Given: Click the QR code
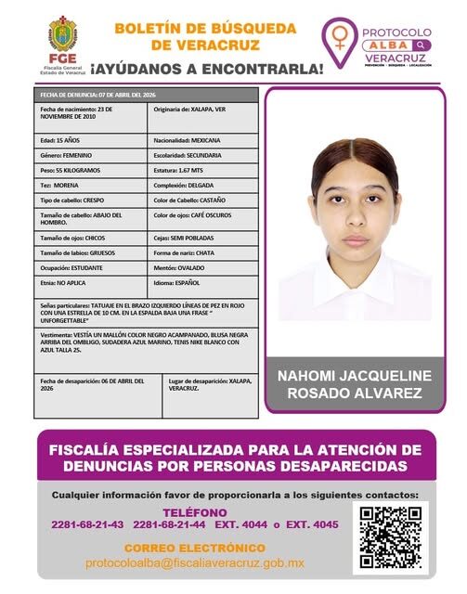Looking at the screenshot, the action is pyautogui.click(x=391, y=537).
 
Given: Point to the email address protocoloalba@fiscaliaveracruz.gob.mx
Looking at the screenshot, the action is pyautogui.click(x=195, y=563).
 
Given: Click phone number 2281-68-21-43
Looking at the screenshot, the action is pyautogui.click(x=87, y=525).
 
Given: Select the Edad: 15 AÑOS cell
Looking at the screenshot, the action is pyautogui.click(x=91, y=140).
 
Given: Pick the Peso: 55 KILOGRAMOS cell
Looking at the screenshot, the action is pyautogui.click(x=91, y=171).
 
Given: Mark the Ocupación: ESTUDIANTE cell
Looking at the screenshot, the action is pyautogui.click(x=91, y=267).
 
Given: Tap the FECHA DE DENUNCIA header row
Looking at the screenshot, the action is pyautogui.click(x=148, y=95).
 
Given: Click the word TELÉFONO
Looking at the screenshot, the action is pyautogui.click(x=195, y=512).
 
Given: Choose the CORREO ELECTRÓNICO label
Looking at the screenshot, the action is pyautogui.click(x=195, y=548).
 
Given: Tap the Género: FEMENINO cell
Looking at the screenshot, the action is pyautogui.click(x=91, y=155).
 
